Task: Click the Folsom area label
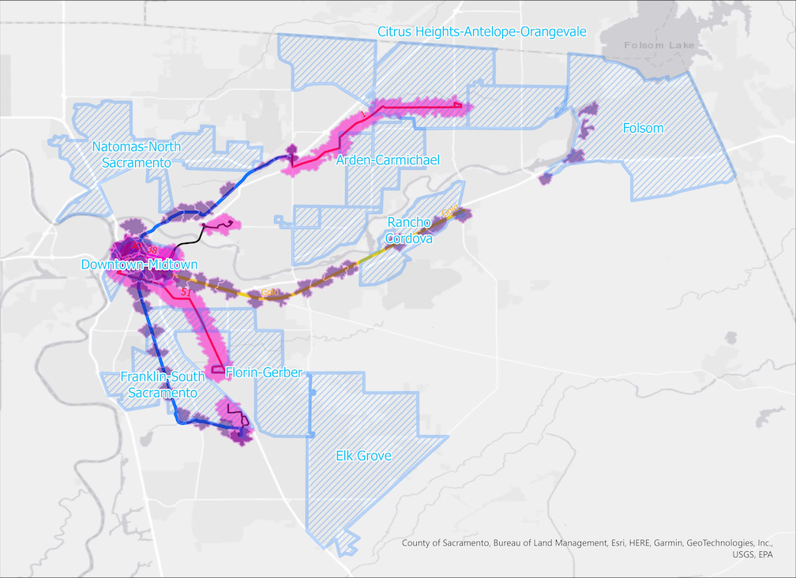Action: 643,128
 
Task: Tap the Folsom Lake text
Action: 659,45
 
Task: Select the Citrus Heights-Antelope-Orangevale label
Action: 482,32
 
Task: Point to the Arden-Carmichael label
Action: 388,160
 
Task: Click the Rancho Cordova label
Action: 409,231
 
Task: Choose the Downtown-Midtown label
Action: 139,265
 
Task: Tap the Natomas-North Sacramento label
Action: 136,155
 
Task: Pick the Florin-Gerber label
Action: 264,372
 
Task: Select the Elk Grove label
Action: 363,456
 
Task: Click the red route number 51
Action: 187,293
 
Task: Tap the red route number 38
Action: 152,251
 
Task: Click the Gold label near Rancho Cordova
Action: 450,212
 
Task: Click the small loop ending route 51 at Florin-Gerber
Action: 218,369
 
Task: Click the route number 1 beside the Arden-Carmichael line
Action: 362,115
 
